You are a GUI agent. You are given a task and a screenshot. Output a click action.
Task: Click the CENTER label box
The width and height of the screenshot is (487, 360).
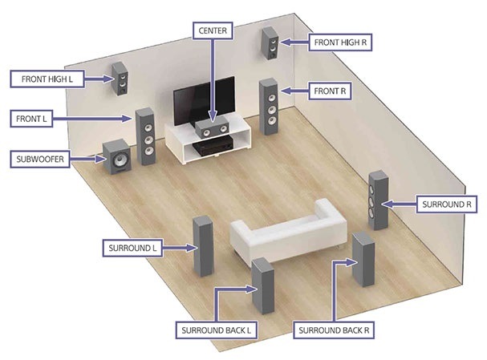coord(213,30)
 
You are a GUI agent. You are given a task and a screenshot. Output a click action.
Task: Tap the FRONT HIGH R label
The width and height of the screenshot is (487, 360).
coord(340,42)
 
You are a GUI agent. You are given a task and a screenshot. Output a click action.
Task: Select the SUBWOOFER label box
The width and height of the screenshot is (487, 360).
coord(40,160)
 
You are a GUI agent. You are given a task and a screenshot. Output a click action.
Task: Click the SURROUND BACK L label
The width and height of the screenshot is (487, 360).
coord(216,330)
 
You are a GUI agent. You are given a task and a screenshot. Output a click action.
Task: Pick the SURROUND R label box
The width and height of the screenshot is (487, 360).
coord(447,204)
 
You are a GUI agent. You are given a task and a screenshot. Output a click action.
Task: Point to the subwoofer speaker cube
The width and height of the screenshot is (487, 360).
coord(117,156)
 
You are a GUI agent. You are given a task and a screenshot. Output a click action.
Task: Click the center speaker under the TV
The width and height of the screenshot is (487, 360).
coord(211,127)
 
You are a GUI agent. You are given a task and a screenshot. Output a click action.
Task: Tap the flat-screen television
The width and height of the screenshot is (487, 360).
coord(204,100)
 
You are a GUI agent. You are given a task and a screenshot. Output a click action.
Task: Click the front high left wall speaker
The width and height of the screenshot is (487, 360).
coord(120,79)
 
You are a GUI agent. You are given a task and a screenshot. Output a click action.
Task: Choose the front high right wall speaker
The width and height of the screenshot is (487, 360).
coord(270,42)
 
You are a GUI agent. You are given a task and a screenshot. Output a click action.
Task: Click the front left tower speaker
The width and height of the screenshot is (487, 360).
coord(145,136)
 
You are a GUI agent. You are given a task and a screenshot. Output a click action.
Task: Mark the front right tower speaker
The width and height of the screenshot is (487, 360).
coord(269,107)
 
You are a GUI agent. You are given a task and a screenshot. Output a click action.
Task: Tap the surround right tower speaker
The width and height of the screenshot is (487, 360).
coord(379,200)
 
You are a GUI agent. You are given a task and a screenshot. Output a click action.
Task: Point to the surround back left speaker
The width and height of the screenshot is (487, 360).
coord(263,285)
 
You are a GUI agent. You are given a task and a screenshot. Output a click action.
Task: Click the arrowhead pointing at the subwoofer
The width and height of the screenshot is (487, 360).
coord(100,160)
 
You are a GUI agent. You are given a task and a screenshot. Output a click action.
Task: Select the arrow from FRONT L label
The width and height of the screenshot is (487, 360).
coord(92,119)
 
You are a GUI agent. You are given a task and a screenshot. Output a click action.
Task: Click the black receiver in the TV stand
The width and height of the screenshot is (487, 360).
coord(213,146)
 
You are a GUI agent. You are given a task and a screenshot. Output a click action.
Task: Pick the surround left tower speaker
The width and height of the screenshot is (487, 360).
coord(203,246)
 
